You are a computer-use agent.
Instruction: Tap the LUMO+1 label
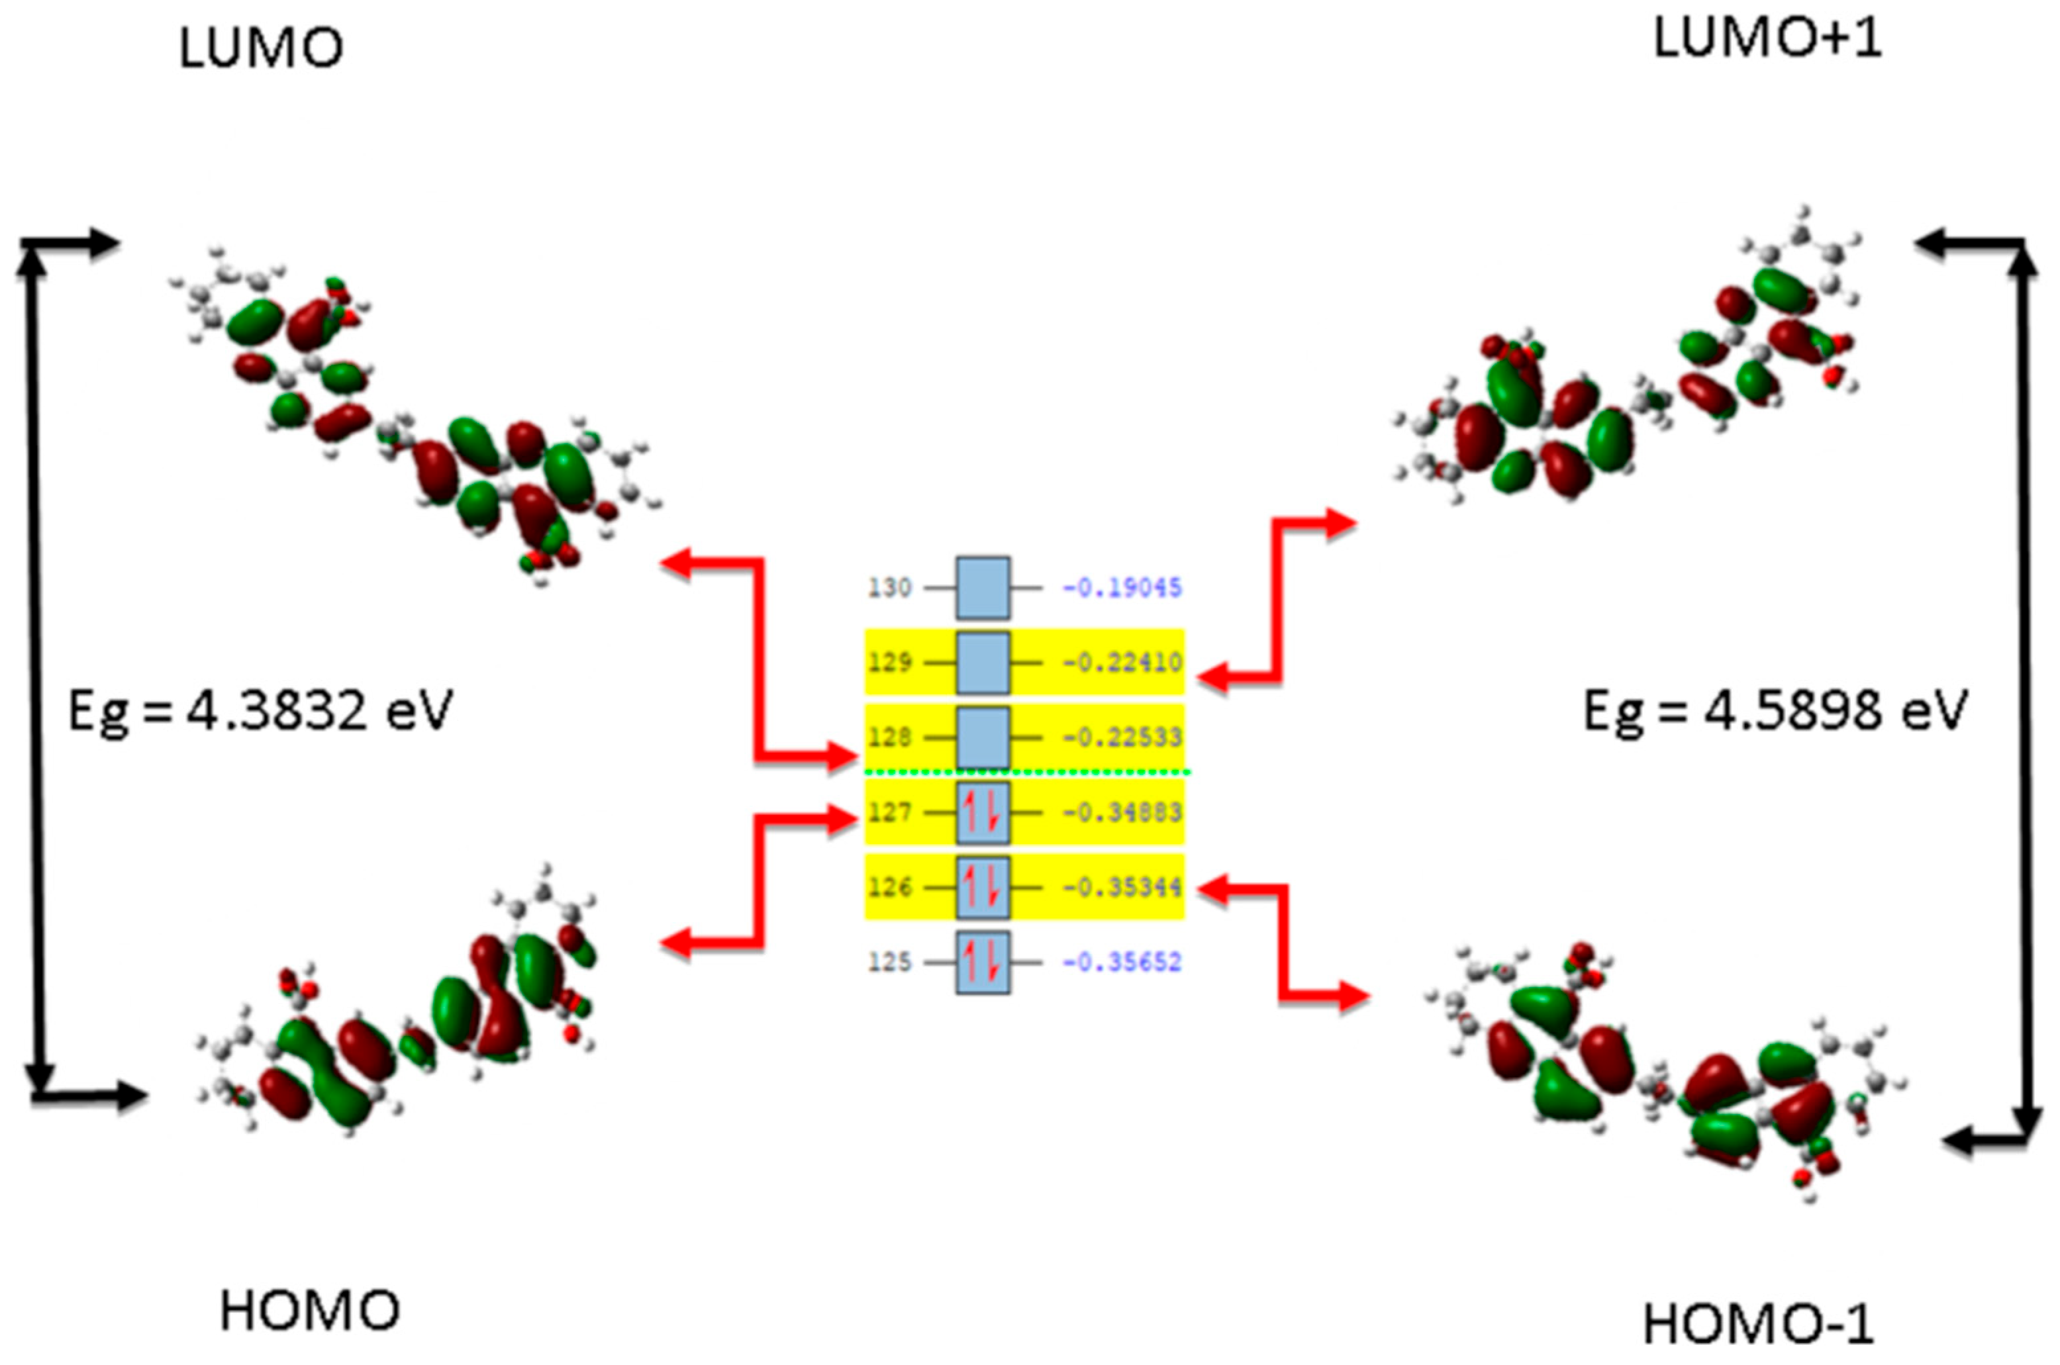(1767, 39)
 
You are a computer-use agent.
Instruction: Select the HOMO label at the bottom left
(309, 1311)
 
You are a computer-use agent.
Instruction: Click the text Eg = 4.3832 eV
(260, 710)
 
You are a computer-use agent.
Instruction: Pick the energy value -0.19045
(1122, 588)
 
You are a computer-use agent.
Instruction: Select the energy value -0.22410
(1122, 663)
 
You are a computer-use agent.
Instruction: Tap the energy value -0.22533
(1122, 738)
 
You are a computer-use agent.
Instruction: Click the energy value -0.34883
(1122, 813)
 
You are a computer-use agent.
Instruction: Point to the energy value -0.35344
(1122, 888)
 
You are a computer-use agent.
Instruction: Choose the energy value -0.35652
(1122, 963)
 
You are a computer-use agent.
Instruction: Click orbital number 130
(889, 588)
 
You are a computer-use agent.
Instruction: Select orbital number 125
(889, 963)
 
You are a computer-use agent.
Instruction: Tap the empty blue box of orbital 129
(983, 663)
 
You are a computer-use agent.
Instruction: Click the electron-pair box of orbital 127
(983, 813)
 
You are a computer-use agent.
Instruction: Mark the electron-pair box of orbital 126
(983, 888)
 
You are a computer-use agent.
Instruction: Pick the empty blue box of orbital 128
(983, 738)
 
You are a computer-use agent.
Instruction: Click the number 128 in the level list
(889, 738)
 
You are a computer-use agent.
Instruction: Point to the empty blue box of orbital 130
(983, 588)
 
